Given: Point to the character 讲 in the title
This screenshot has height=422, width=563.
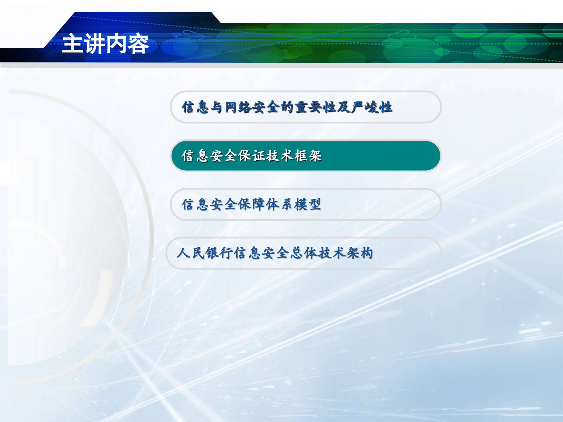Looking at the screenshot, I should point(95,43).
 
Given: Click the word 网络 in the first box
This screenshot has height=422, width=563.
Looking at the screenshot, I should point(238,107).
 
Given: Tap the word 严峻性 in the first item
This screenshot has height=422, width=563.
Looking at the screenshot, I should point(372,107).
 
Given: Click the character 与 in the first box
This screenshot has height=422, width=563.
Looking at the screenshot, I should point(216,107).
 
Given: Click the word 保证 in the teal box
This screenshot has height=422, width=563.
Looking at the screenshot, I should point(252,156).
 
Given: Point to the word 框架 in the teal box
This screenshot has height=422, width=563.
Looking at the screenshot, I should point(308,156).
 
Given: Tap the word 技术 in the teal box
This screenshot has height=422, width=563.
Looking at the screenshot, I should point(280,156).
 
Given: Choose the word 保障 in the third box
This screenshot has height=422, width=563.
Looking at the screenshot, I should point(252,204).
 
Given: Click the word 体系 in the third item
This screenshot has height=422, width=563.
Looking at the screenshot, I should point(280,204).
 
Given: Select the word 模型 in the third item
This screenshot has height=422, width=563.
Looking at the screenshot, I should point(308,204).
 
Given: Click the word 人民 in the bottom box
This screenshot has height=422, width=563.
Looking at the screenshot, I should point(191,253).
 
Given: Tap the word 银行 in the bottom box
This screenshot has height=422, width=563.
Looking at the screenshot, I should point(219,253).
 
